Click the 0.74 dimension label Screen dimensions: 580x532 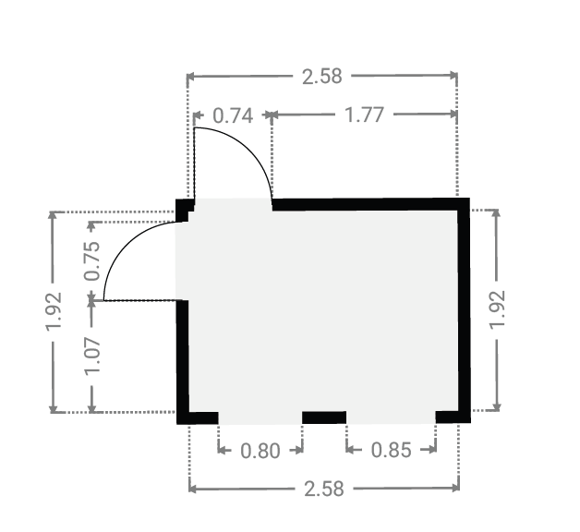[x=233, y=115]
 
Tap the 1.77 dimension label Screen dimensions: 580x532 [x=365, y=115]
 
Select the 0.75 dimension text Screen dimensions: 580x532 [x=92, y=261]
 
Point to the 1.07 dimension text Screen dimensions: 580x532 [x=92, y=357]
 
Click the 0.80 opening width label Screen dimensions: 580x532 [x=260, y=451]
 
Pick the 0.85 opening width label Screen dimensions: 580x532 [x=391, y=450]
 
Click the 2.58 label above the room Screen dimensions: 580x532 [x=321, y=77]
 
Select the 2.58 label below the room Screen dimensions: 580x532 [x=324, y=489]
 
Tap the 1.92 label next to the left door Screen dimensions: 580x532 [x=53, y=311]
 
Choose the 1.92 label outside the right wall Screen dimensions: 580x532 [x=497, y=309]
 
